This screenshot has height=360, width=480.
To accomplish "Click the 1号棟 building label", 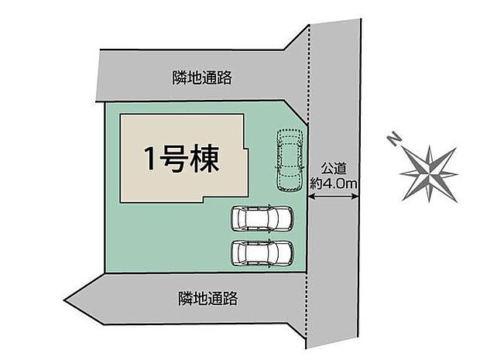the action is click(182, 159).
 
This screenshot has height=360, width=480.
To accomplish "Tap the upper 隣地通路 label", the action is click(202, 77).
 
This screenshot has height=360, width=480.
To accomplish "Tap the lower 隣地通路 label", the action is click(207, 298).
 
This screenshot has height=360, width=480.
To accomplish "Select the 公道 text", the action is click(334, 168).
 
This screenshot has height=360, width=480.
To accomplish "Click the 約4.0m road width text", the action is click(334, 183).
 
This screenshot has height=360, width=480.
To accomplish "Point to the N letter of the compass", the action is click(395, 139).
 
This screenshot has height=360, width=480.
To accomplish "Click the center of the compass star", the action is click(430, 174).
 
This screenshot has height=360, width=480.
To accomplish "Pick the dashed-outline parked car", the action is click(290, 160).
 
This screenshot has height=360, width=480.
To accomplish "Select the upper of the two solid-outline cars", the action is click(262, 218).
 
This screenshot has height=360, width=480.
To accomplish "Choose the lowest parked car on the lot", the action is click(262, 253).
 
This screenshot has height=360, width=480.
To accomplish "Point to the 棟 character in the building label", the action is click(205, 159).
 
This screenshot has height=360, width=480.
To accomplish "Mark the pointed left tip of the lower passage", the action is click(64, 299).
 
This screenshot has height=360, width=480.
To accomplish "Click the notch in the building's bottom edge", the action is click(202, 199).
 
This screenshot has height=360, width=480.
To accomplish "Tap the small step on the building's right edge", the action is click(246, 149).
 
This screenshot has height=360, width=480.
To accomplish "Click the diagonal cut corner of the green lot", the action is click(296, 112).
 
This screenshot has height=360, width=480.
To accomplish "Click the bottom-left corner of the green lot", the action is click(106, 272).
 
